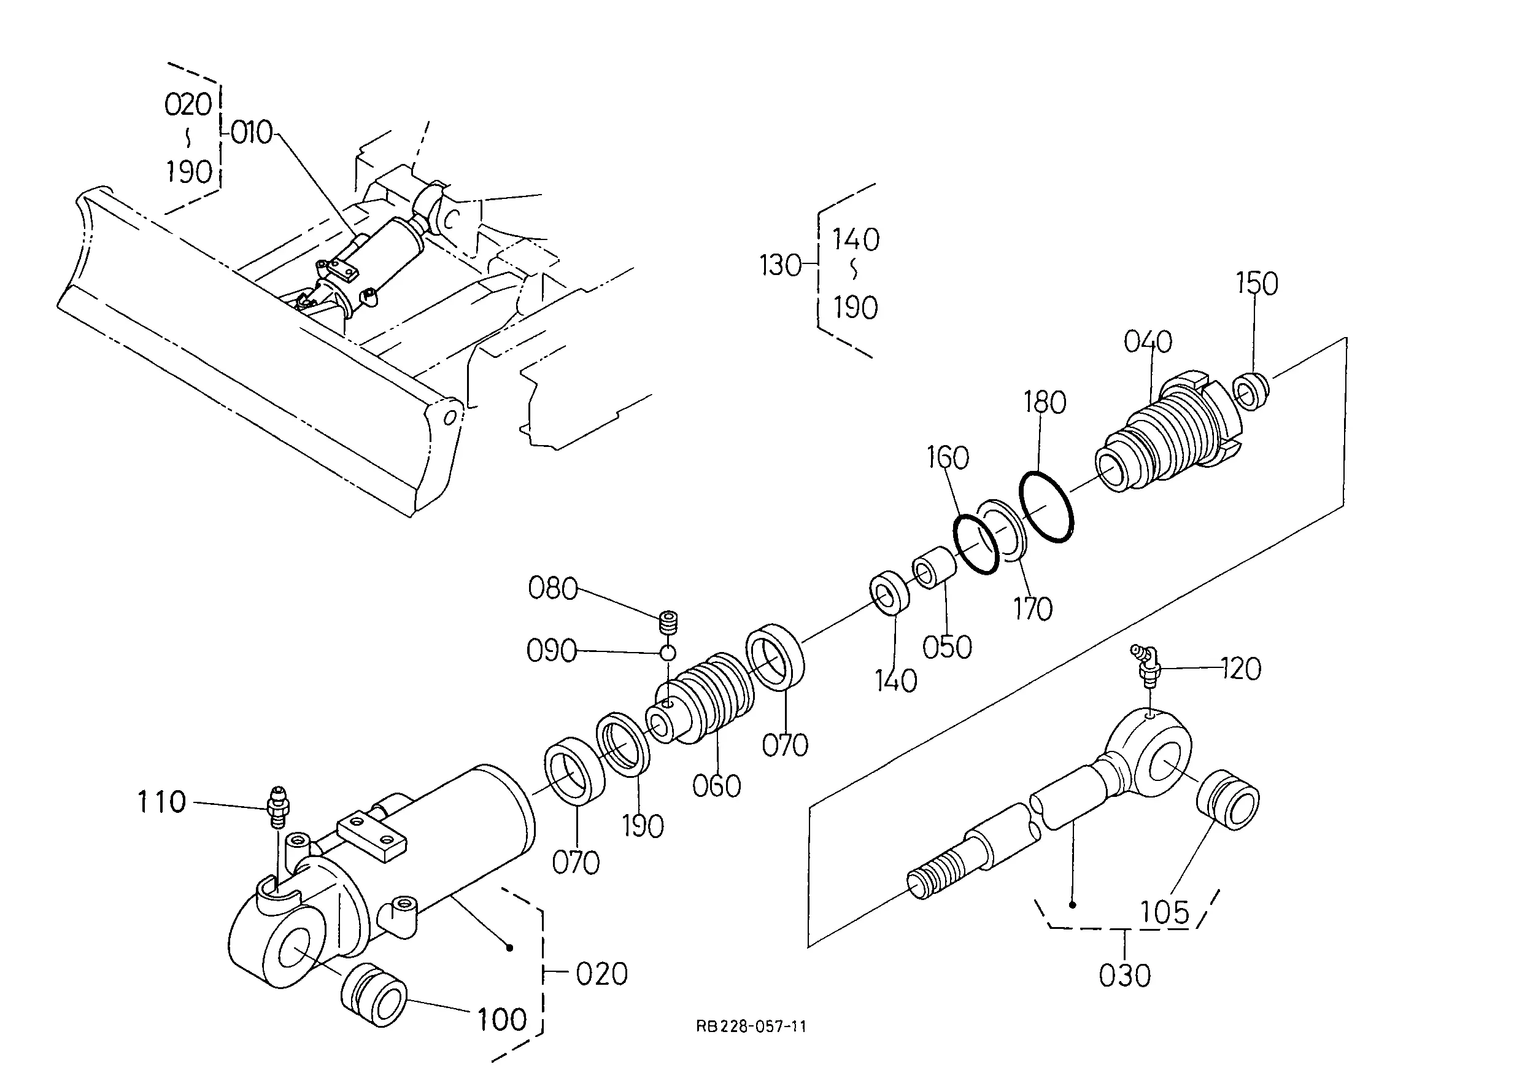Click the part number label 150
point(1257,284)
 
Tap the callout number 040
point(1148,341)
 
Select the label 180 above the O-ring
point(1045,402)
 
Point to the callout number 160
point(948,457)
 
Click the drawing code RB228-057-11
point(751,1027)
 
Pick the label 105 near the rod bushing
point(1164,912)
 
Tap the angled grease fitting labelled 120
point(1146,666)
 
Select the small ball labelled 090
point(668,652)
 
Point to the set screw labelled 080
point(667,623)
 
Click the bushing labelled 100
point(373,993)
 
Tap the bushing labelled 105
point(1228,800)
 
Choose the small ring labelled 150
point(1251,392)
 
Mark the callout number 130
point(780,265)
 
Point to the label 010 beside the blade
point(252,133)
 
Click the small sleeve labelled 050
point(934,567)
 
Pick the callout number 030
point(1125,976)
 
